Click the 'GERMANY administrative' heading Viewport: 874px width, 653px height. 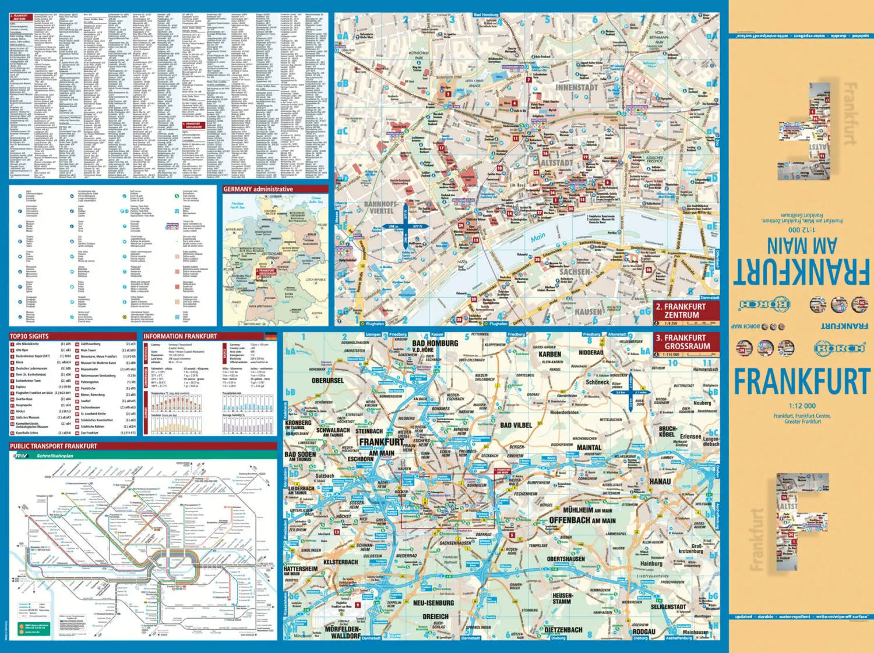[x=258, y=189]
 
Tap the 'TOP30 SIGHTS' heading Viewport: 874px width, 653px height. [x=29, y=336]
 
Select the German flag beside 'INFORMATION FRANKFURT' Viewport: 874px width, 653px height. [x=270, y=336]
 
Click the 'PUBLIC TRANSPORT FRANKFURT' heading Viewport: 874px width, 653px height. [x=54, y=446]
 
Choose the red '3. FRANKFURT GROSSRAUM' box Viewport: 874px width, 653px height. [x=686, y=342]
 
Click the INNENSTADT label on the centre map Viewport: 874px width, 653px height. [x=576, y=87]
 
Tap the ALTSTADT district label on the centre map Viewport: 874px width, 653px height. [x=556, y=163]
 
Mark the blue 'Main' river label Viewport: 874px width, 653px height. [x=538, y=237]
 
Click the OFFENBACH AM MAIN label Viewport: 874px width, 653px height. [x=582, y=520]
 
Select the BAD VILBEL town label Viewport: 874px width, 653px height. [x=516, y=425]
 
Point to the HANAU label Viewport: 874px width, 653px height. [x=660, y=482]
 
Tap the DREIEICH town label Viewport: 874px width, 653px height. [x=435, y=616]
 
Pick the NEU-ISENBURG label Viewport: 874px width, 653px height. [x=433, y=603]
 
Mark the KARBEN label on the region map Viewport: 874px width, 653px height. [x=549, y=354]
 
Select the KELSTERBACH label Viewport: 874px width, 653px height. [x=340, y=562]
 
